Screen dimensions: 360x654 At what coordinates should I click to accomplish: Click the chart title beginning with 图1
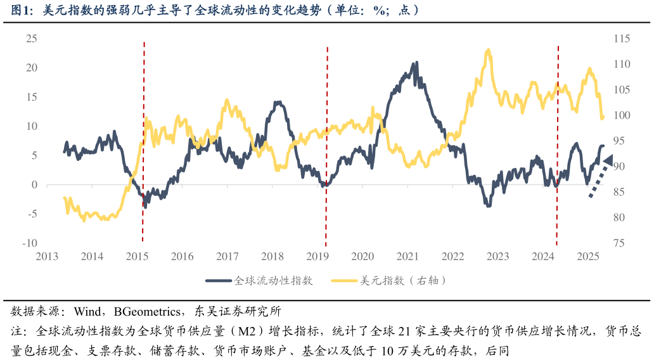click(215, 10)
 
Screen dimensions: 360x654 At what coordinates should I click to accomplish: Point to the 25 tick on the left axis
click(31, 39)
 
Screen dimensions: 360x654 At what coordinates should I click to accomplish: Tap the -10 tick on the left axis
click(30, 243)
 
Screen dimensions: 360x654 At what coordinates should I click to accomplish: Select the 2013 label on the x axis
click(47, 257)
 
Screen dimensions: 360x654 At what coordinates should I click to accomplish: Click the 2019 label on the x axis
click(317, 257)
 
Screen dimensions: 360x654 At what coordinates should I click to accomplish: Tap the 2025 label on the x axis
click(588, 257)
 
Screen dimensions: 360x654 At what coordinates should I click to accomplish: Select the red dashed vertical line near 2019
click(326, 146)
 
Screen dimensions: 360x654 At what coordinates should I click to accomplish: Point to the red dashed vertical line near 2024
click(557, 146)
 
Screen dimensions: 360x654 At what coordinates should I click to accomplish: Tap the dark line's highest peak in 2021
click(416, 63)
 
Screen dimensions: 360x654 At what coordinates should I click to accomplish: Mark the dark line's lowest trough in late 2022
click(488, 205)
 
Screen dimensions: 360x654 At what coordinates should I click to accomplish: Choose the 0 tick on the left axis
click(34, 185)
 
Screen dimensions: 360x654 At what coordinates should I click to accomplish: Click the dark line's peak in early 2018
click(278, 102)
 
